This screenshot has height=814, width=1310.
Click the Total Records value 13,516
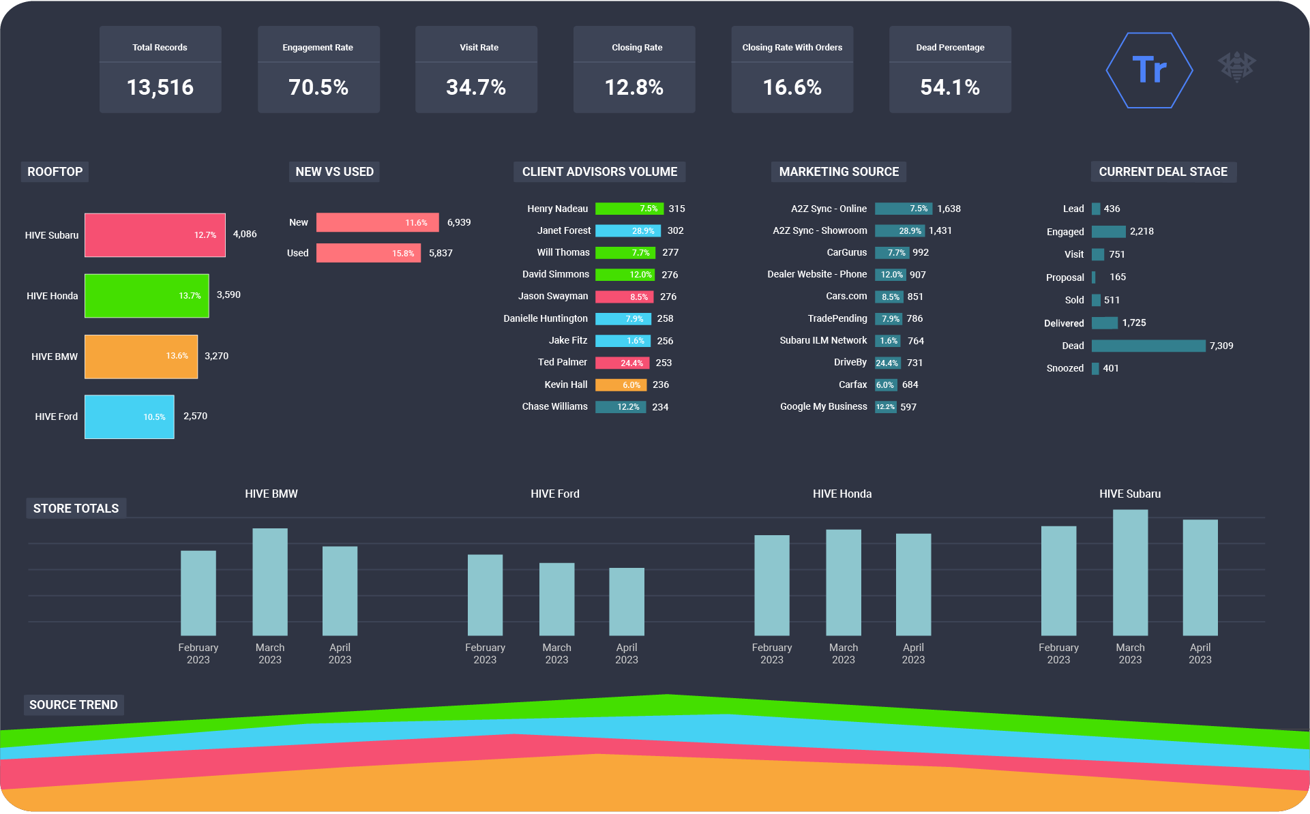160,87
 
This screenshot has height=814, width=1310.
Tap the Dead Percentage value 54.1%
949,87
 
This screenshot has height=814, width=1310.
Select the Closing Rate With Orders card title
792,48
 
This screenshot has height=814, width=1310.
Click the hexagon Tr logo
1149,70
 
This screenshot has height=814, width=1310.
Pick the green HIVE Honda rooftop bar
147,296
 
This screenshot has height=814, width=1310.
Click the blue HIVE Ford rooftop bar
129,417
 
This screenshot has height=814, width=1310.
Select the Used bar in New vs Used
368,253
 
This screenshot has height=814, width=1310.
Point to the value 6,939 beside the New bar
459,222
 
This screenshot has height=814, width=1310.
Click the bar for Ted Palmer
622,363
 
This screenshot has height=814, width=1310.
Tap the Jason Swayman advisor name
552,296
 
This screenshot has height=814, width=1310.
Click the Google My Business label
823,406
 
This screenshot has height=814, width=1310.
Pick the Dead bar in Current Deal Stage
1148,346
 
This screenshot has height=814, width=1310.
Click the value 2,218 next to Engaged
1142,231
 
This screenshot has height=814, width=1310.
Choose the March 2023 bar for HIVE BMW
270,582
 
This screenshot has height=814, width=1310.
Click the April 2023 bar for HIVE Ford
626,601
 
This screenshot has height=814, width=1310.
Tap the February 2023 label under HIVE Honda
771,653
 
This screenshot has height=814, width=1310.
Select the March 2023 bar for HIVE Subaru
1130,573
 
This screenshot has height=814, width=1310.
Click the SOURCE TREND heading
74,705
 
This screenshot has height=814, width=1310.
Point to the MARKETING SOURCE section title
839,172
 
